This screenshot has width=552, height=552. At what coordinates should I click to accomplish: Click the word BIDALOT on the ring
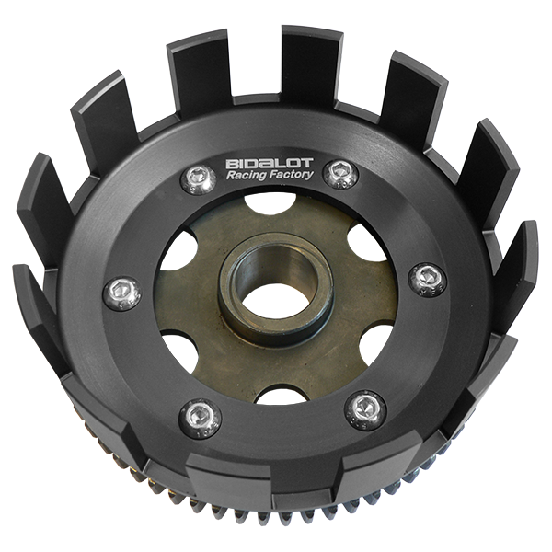pos(270,164)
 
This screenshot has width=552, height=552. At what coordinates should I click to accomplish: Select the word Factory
pos(292,175)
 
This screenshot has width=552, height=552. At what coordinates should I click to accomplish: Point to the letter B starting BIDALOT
pos(232,164)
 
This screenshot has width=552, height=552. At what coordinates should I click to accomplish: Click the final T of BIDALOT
pos(307,163)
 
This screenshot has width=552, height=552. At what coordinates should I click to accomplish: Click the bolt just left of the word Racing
pos(198,179)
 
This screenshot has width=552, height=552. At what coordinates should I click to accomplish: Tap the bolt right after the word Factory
pos(340,174)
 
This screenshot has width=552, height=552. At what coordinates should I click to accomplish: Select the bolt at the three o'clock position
pos(428,280)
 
